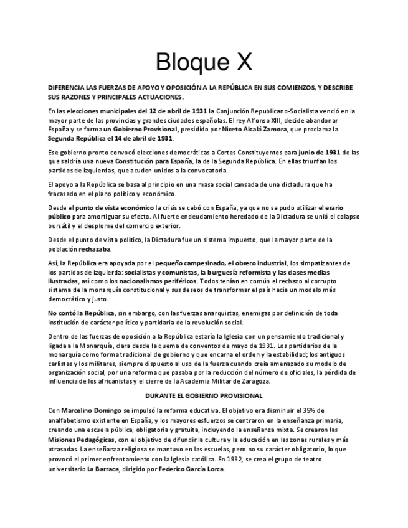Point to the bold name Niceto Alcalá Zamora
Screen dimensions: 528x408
click(259, 129)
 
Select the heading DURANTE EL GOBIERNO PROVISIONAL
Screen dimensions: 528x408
click(204, 395)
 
